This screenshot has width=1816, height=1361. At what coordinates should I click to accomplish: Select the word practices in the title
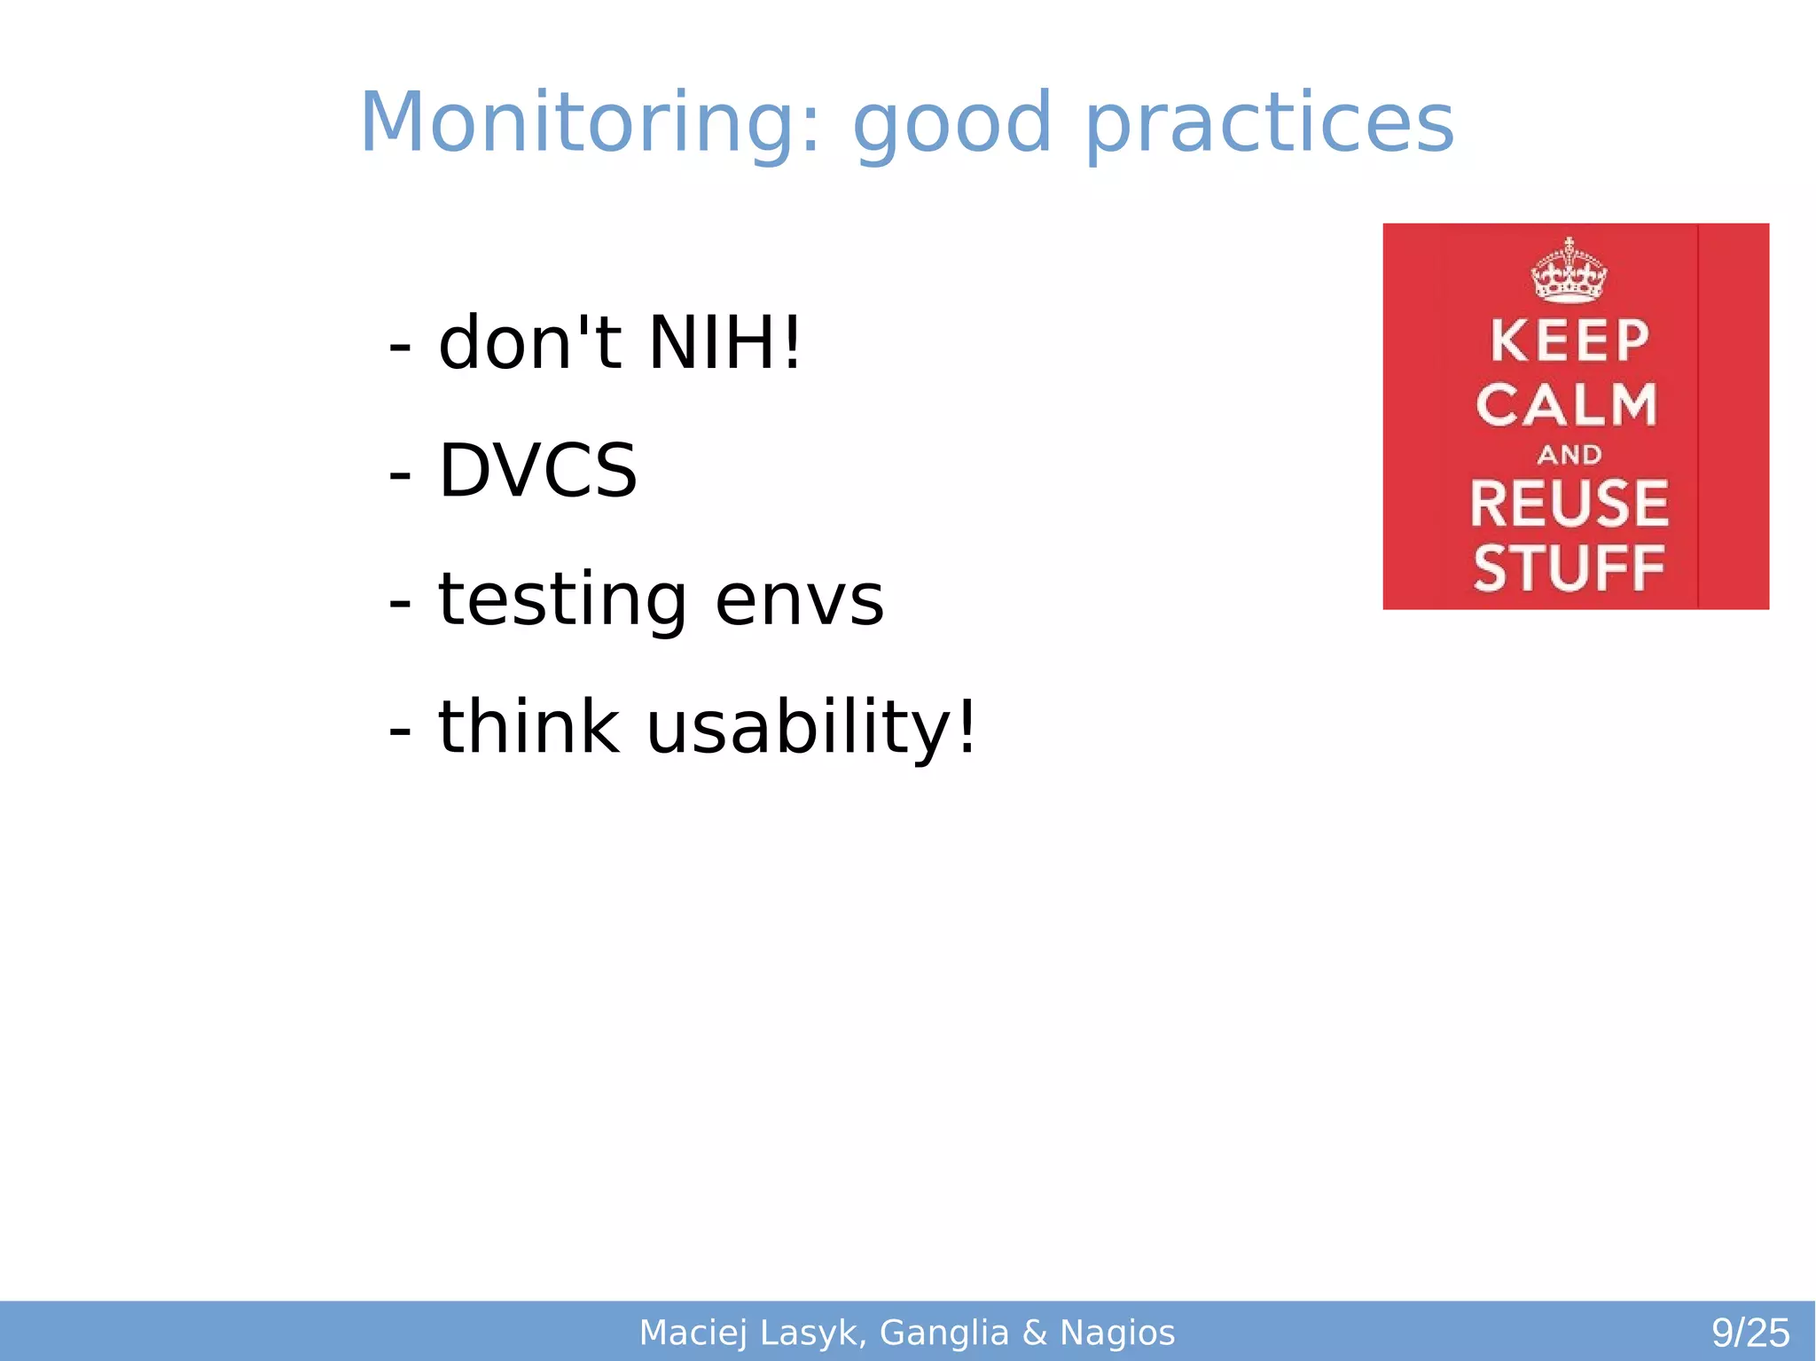tap(1269, 124)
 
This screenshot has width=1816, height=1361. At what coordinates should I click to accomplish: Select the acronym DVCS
tap(537, 470)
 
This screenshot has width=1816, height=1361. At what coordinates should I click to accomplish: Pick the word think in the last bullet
tap(528, 727)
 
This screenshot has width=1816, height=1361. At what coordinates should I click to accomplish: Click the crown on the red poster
tap(1569, 271)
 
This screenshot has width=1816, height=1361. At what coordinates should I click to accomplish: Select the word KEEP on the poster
tap(1569, 340)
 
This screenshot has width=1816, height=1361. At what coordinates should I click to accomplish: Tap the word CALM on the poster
tap(1567, 405)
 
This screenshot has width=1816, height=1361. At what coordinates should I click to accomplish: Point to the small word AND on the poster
tap(1569, 455)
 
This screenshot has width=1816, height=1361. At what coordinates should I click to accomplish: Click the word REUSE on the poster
tap(1569, 504)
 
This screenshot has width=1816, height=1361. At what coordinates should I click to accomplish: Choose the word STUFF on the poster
tap(1569, 568)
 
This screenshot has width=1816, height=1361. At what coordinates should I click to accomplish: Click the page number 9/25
tap(1749, 1333)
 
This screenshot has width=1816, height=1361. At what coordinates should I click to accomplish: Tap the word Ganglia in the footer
tap(943, 1333)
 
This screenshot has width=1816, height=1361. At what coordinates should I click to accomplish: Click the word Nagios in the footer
tap(1116, 1333)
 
